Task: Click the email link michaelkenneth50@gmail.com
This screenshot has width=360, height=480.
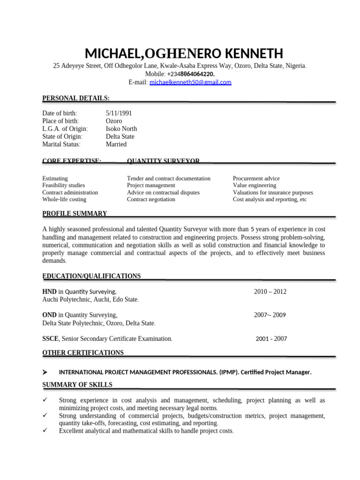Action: point(190,82)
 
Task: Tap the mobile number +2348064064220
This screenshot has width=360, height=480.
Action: point(191,74)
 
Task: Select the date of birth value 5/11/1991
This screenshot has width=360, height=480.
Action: point(119,113)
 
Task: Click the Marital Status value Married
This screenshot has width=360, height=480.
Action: point(116,144)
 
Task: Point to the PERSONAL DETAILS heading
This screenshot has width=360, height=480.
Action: point(76,98)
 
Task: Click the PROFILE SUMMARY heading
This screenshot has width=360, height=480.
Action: point(75,214)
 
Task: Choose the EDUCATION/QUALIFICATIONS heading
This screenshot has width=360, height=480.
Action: point(91,276)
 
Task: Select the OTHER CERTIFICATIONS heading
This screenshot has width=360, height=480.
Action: point(83,352)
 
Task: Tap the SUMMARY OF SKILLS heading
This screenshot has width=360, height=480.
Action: point(77,385)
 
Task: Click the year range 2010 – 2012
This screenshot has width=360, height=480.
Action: point(270,292)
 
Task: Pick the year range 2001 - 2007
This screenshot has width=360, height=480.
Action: point(271,338)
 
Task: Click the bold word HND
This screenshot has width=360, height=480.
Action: point(49,292)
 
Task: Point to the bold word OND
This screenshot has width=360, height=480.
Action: point(49,315)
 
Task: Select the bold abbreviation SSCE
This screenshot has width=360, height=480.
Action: point(50,338)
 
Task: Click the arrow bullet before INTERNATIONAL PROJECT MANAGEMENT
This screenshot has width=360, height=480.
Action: point(45,372)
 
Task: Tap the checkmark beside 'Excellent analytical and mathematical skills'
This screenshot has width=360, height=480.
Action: point(45,431)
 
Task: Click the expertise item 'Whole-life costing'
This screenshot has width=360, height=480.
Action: point(64,199)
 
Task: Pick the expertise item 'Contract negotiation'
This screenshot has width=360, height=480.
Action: point(151,199)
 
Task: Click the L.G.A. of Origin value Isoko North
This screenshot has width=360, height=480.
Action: point(121,129)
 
